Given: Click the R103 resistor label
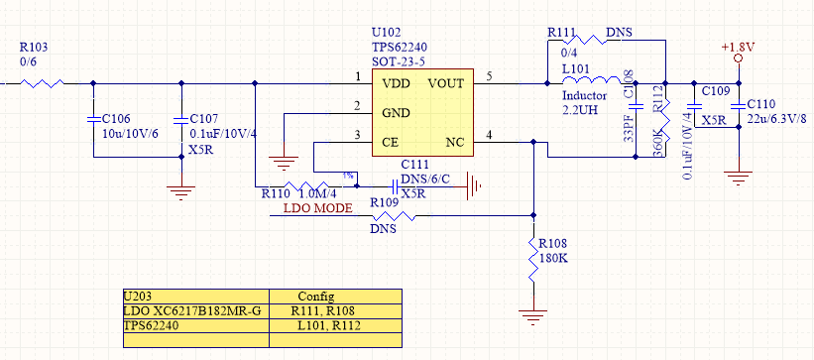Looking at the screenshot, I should tap(33, 47).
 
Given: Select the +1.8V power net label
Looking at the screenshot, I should tap(737, 46).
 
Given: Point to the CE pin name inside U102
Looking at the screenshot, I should tap(390, 143).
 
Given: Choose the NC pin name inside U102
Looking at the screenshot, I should tap(455, 143).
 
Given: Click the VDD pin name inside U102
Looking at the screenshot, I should tap(396, 82).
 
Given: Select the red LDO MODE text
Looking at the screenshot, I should tap(318, 208).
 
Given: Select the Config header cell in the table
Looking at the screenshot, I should tap(317, 296).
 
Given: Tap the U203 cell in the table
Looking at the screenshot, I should tap(140, 296).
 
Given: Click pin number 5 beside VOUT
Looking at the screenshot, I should tap(489, 76).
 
